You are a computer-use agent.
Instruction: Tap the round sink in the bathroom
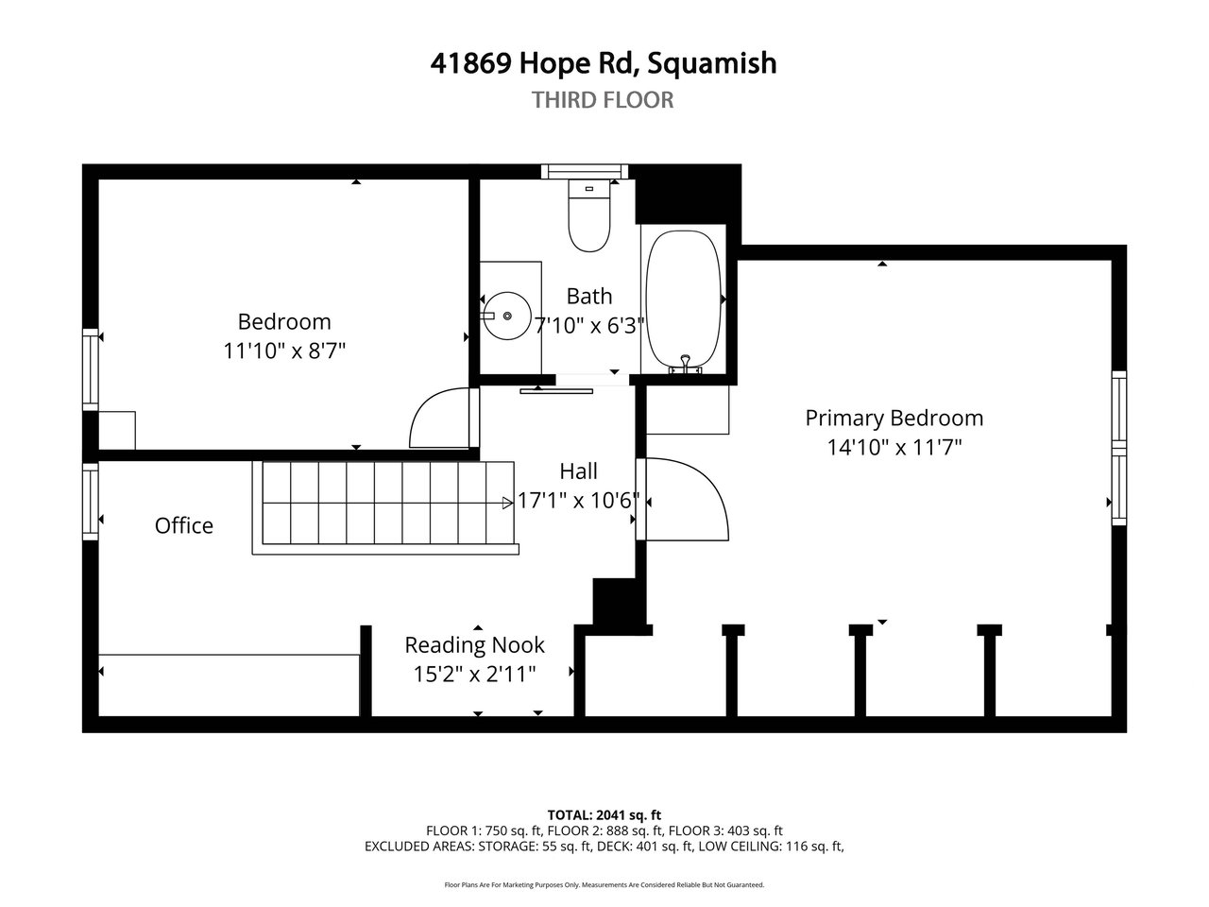(x=506, y=316)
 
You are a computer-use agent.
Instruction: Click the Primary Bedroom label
(x=894, y=418)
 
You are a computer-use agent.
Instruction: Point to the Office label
(x=184, y=525)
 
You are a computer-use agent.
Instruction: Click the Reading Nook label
(x=474, y=644)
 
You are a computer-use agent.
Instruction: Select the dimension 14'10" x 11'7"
(x=894, y=447)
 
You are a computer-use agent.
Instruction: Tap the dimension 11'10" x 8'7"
(x=284, y=351)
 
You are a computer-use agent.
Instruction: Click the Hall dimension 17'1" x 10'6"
(x=578, y=501)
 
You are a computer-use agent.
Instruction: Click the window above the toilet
(x=585, y=171)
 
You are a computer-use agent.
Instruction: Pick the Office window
(x=91, y=501)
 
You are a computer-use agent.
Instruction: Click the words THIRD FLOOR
(x=603, y=100)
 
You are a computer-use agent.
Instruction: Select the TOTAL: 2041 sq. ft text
(x=604, y=814)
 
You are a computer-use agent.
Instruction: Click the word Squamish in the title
(x=711, y=63)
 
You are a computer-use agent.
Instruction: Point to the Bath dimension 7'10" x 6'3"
(x=589, y=325)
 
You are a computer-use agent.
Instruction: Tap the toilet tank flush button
(x=588, y=189)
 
